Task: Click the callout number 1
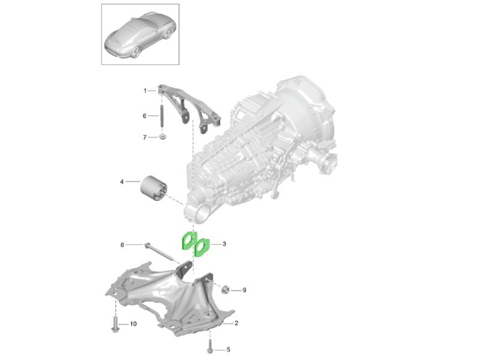145,91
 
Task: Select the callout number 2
236,323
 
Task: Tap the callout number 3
224,244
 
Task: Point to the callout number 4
122,182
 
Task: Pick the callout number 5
228,350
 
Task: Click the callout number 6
145,116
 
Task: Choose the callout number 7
145,137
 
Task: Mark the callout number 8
122,245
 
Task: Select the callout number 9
244,290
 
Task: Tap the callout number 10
133,324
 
